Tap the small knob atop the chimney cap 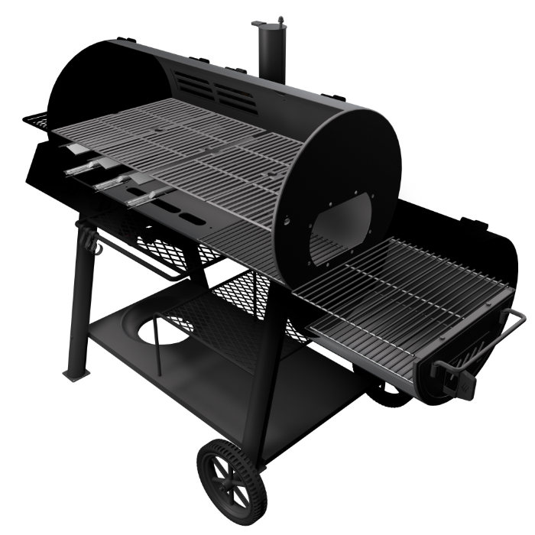point(280,18)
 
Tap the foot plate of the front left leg point(74,375)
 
